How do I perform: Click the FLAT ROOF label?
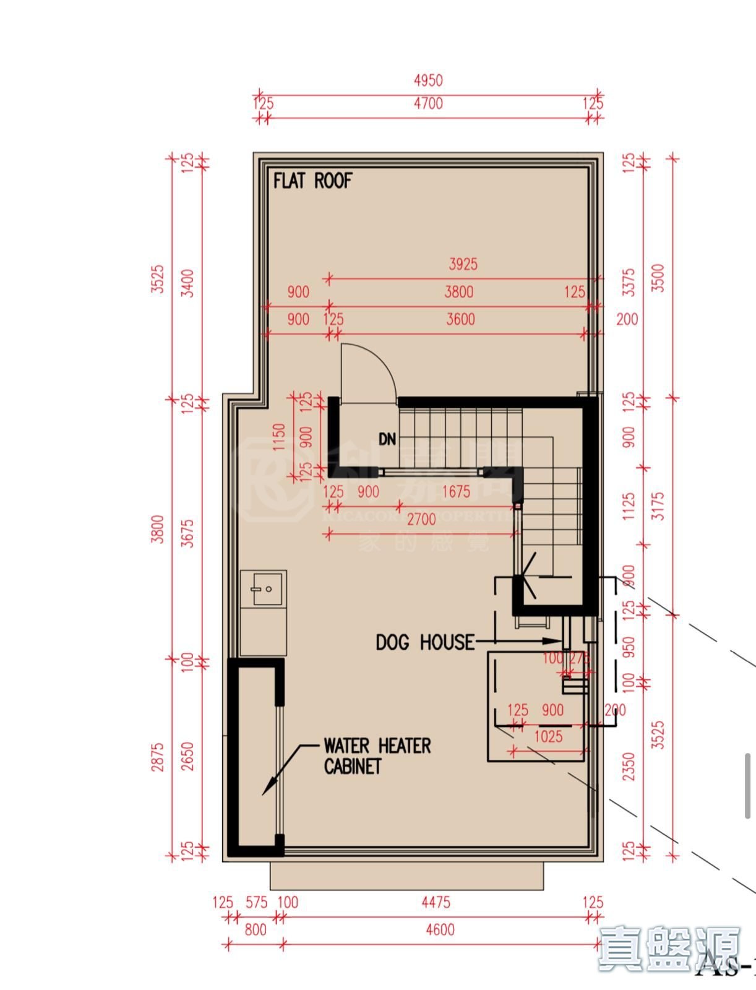[x=313, y=181]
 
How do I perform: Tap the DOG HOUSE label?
[x=425, y=642]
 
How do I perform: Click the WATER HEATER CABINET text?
[x=377, y=756]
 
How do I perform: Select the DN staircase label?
[x=387, y=439]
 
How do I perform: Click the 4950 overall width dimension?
[x=428, y=80]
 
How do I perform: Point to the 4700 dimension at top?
[x=428, y=103]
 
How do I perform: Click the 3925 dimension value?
[x=463, y=264]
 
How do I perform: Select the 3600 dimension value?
[x=461, y=319]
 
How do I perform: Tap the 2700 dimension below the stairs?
[x=421, y=519]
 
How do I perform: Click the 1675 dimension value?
[x=456, y=492]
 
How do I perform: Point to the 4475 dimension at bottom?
[x=436, y=903]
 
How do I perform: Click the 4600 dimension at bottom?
[x=440, y=929]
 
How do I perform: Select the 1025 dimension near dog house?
[x=548, y=736]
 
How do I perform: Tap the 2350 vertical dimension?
[x=629, y=766]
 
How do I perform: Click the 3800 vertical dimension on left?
[x=159, y=529]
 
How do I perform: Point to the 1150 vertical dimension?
[x=279, y=437]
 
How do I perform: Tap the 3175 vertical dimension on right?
[x=658, y=506]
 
